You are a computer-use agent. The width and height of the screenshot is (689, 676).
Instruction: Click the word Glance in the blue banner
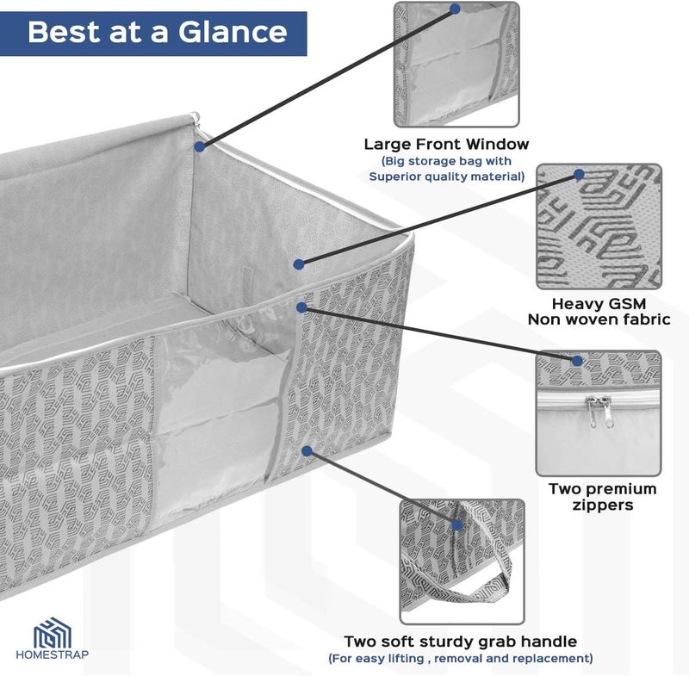[x=233, y=33]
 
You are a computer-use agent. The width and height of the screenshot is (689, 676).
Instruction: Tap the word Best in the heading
[x=63, y=32]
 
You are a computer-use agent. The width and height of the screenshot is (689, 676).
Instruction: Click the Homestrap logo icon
[x=53, y=633]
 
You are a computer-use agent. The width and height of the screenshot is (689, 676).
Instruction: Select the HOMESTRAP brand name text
[x=53, y=654]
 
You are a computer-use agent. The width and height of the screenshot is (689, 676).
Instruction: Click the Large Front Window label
[x=446, y=144]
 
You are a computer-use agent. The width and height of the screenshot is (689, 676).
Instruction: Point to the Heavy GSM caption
[x=599, y=303]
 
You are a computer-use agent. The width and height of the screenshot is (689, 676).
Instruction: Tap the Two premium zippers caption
[x=602, y=497]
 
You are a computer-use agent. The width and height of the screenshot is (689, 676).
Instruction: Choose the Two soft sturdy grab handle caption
[x=461, y=642]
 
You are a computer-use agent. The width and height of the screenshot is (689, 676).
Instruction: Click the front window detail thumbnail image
[x=456, y=64]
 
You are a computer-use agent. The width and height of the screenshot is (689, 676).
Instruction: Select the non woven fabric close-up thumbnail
[x=599, y=226]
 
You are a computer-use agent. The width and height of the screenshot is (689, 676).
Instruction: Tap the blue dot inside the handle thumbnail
[x=457, y=525]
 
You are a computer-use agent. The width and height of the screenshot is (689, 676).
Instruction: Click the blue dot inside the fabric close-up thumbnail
[x=579, y=175]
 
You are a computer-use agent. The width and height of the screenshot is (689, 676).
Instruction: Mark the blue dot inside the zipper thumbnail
[x=577, y=361]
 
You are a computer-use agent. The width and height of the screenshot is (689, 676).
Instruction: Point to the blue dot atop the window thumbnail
[x=456, y=9]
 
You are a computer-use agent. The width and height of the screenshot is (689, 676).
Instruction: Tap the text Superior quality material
[x=446, y=177]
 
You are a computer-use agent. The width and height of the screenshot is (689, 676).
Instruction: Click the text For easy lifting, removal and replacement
[x=461, y=659]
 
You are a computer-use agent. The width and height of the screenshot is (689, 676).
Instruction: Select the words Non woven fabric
[x=599, y=319]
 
